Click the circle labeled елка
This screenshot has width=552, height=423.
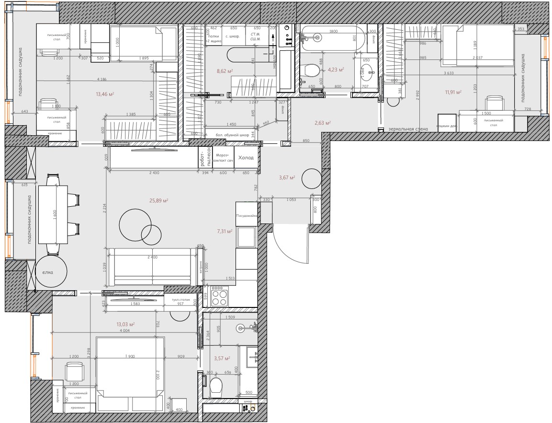pyautogui.click(x=47, y=272)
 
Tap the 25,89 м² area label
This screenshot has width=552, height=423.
pyautogui.click(x=158, y=200)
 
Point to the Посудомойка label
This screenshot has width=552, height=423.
pyautogui.click(x=247, y=216)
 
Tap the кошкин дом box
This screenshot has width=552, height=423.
pyautogui.click(x=447, y=127)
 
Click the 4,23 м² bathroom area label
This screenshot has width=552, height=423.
pyautogui.click(x=336, y=70)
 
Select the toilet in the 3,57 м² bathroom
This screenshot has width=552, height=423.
pyautogui.click(x=217, y=386)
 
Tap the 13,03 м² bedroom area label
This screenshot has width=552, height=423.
pyautogui.click(x=125, y=324)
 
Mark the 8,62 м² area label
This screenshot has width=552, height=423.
pyautogui.click(x=225, y=71)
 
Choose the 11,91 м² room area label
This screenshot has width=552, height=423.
pyautogui.click(x=452, y=92)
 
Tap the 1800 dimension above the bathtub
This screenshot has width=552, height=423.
pyautogui.click(x=333, y=32)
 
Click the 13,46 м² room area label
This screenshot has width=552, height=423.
pyautogui.click(x=104, y=94)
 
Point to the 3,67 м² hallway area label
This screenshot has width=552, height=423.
pyautogui.click(x=286, y=177)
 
